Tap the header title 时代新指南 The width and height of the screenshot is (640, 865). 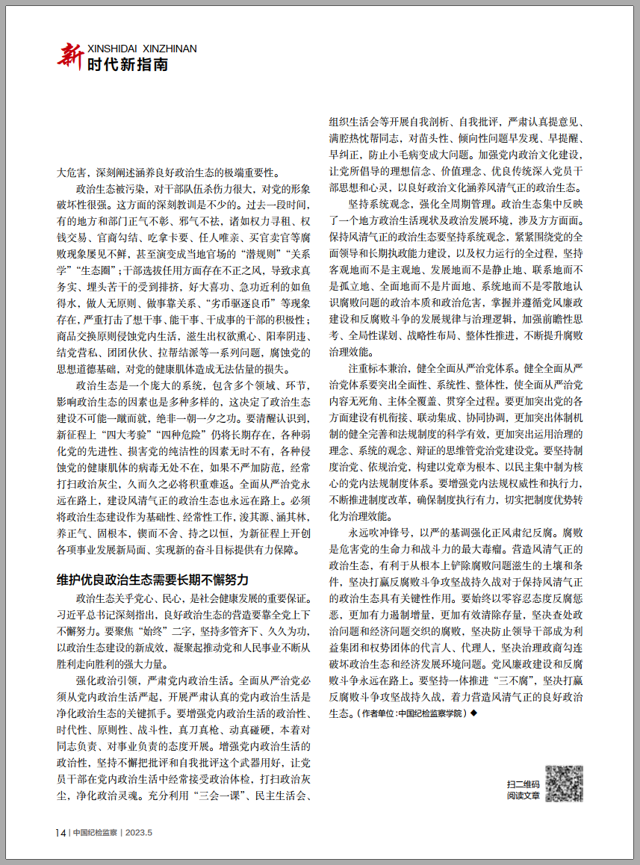point(127,65)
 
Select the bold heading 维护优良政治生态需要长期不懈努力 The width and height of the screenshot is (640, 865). point(152,580)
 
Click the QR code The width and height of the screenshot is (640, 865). point(563,784)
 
